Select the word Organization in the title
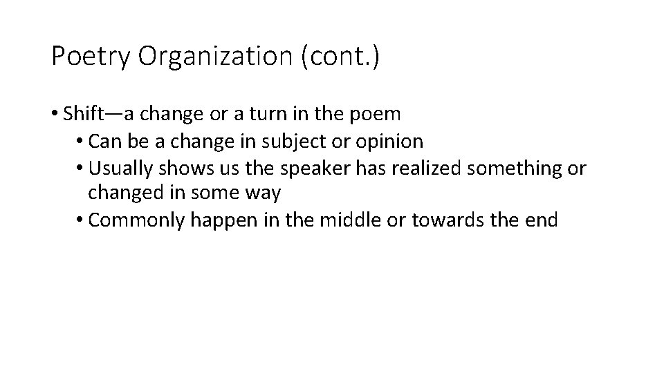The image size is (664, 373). click(x=215, y=57)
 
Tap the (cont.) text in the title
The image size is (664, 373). click(x=340, y=57)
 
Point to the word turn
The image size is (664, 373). click(x=275, y=114)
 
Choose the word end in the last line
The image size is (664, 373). click(x=542, y=220)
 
